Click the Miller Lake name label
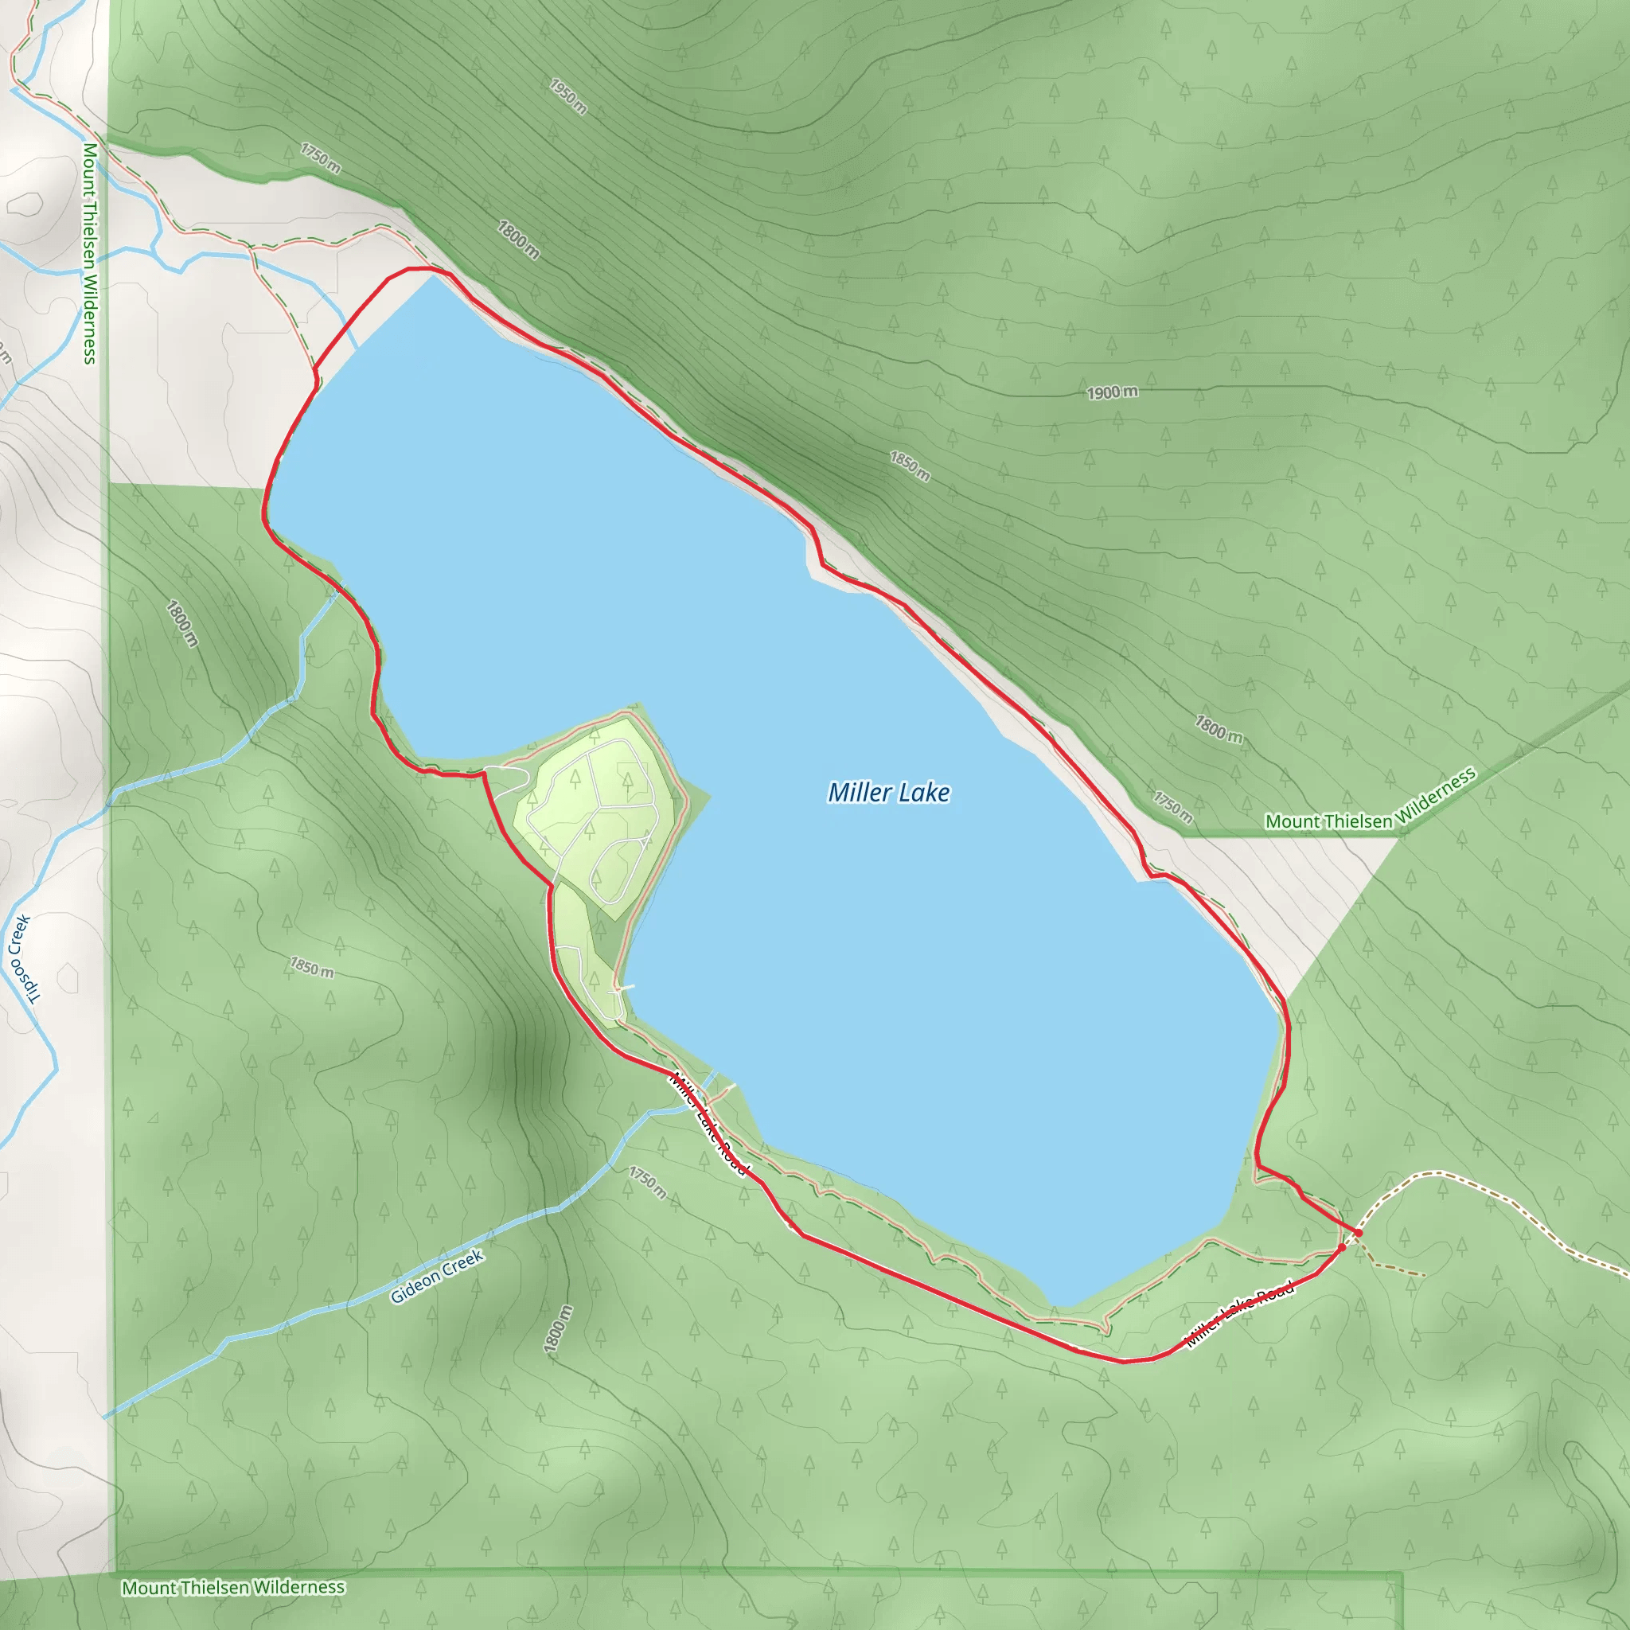[x=888, y=792]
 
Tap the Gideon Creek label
[x=437, y=1276]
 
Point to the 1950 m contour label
[x=567, y=96]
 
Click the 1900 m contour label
[x=1112, y=392]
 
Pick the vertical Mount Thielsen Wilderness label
[x=89, y=253]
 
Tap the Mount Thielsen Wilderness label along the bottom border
[x=233, y=1587]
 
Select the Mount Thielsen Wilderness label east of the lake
[x=1371, y=798]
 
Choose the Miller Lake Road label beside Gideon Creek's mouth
[x=708, y=1123]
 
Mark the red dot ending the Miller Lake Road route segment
[x=1341, y=1248]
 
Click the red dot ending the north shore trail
[x=1358, y=1234]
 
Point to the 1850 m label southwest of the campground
[x=312, y=968]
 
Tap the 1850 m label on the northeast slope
[x=911, y=466]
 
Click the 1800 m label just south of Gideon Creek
[x=559, y=1329]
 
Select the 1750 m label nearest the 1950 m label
[x=322, y=158]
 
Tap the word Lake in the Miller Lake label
[x=925, y=792]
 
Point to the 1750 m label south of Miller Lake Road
[x=648, y=1183]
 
